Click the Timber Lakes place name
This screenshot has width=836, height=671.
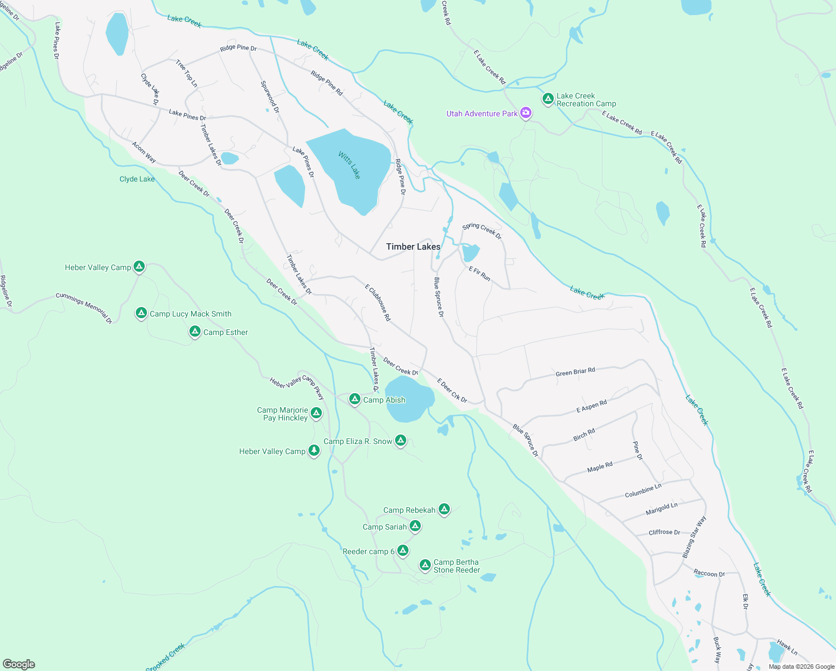click(413, 247)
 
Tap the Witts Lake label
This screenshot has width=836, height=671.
click(349, 165)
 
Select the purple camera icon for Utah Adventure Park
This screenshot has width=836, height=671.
click(525, 113)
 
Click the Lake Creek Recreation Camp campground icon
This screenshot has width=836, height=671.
click(548, 99)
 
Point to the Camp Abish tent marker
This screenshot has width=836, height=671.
click(354, 399)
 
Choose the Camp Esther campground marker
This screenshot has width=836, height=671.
click(194, 332)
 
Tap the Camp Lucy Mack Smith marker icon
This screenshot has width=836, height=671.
click(141, 313)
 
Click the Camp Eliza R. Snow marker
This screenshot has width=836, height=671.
click(400, 441)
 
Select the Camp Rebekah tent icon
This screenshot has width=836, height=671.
click(444, 509)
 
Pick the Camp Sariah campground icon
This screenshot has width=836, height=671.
click(415, 526)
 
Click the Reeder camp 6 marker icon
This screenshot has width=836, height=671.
click(402, 551)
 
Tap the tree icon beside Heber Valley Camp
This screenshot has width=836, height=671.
click(314, 450)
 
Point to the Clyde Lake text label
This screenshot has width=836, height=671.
click(137, 179)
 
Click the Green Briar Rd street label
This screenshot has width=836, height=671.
click(575, 372)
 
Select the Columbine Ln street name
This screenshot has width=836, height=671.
click(643, 490)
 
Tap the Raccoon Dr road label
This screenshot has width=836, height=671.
click(709, 573)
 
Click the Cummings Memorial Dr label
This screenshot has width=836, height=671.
click(84, 308)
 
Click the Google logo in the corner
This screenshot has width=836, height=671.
click(19, 664)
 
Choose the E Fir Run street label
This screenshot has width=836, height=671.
click(479, 273)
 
